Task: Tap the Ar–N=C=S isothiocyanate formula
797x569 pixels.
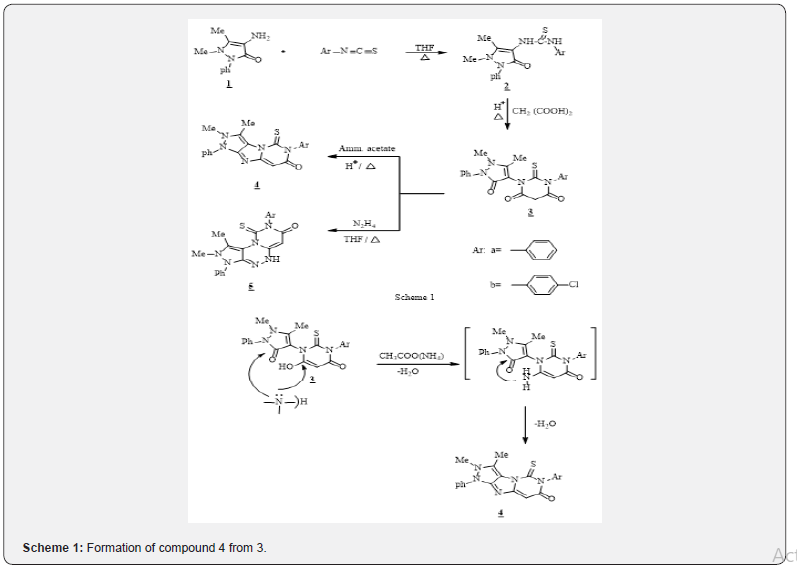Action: (347, 50)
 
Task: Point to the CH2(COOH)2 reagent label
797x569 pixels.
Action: (542, 111)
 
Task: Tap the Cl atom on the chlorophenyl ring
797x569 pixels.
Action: (572, 285)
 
